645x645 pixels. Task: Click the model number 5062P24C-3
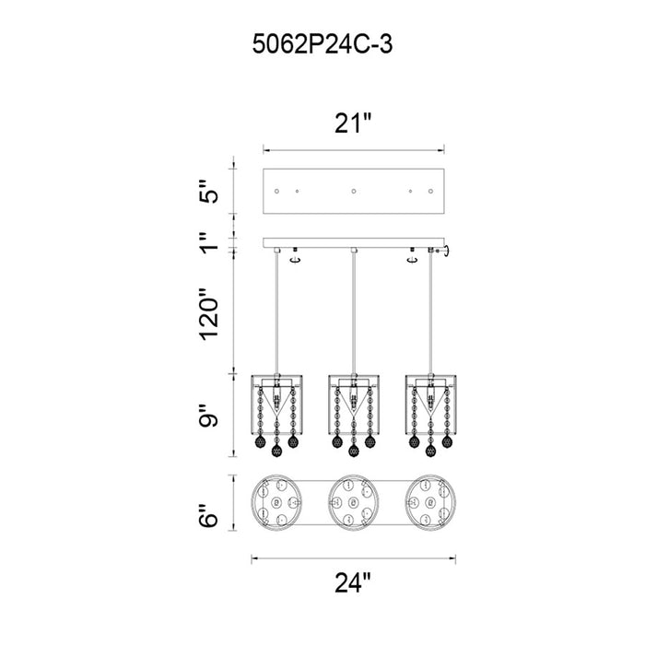pyautogui.click(x=322, y=44)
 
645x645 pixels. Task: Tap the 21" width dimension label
pyautogui.click(x=353, y=123)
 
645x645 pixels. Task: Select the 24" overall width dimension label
pyautogui.click(x=353, y=582)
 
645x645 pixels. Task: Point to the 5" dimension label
pyautogui.click(x=208, y=191)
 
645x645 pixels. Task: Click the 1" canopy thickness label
pyautogui.click(x=208, y=242)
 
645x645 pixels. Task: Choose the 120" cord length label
pyautogui.click(x=208, y=314)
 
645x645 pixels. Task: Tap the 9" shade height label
pyautogui.click(x=208, y=416)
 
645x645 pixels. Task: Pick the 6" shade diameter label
pyautogui.click(x=208, y=515)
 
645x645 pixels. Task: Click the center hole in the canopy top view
pyautogui.click(x=353, y=192)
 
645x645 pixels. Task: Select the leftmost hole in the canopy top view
pyautogui.click(x=276, y=192)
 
